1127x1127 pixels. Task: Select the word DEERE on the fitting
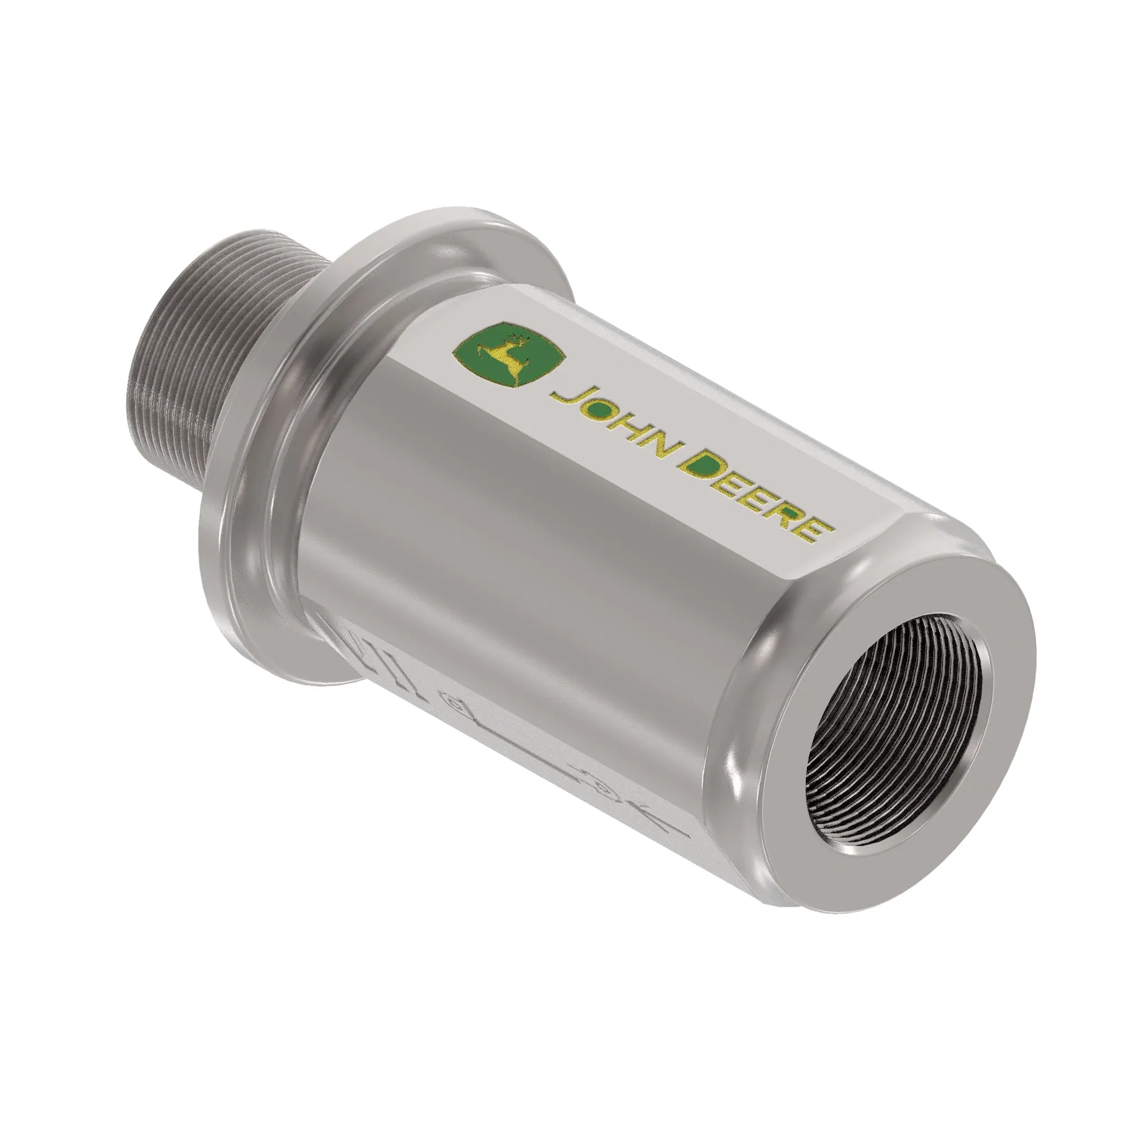(758, 500)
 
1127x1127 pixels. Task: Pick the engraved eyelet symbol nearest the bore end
(602, 789)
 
